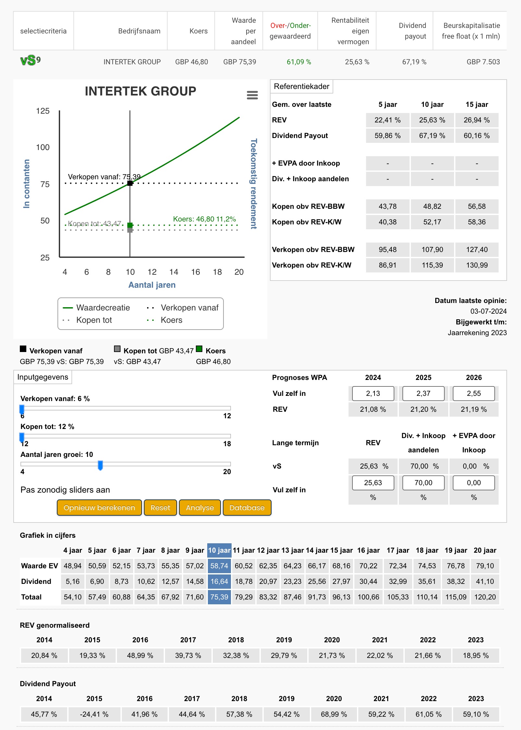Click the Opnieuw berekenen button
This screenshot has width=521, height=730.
coord(99,508)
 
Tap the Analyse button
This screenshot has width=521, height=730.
coord(200,508)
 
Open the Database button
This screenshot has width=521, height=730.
coord(247,508)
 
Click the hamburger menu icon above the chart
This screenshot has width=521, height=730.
coord(252,95)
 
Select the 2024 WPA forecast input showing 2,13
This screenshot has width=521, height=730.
coord(373,394)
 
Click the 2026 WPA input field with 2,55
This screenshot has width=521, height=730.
coord(474,394)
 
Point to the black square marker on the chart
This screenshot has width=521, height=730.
coord(130,183)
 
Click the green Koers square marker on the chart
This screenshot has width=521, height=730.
coord(130,225)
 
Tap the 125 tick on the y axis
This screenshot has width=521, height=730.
coord(43,111)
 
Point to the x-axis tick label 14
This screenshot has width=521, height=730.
coord(174,272)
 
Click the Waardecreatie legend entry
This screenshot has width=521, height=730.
coord(96,308)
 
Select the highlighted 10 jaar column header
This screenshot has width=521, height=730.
coord(219,550)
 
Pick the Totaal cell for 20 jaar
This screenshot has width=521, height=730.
coord(485,597)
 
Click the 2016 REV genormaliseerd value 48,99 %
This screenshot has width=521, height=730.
coord(140,655)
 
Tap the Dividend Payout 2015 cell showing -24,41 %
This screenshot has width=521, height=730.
coord(94,714)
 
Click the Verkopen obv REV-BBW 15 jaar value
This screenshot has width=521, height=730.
coord(477,249)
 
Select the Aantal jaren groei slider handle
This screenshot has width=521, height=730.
coord(100,465)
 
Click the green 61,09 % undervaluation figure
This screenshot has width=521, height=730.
coord(299,62)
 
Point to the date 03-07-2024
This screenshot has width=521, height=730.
coord(489,311)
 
